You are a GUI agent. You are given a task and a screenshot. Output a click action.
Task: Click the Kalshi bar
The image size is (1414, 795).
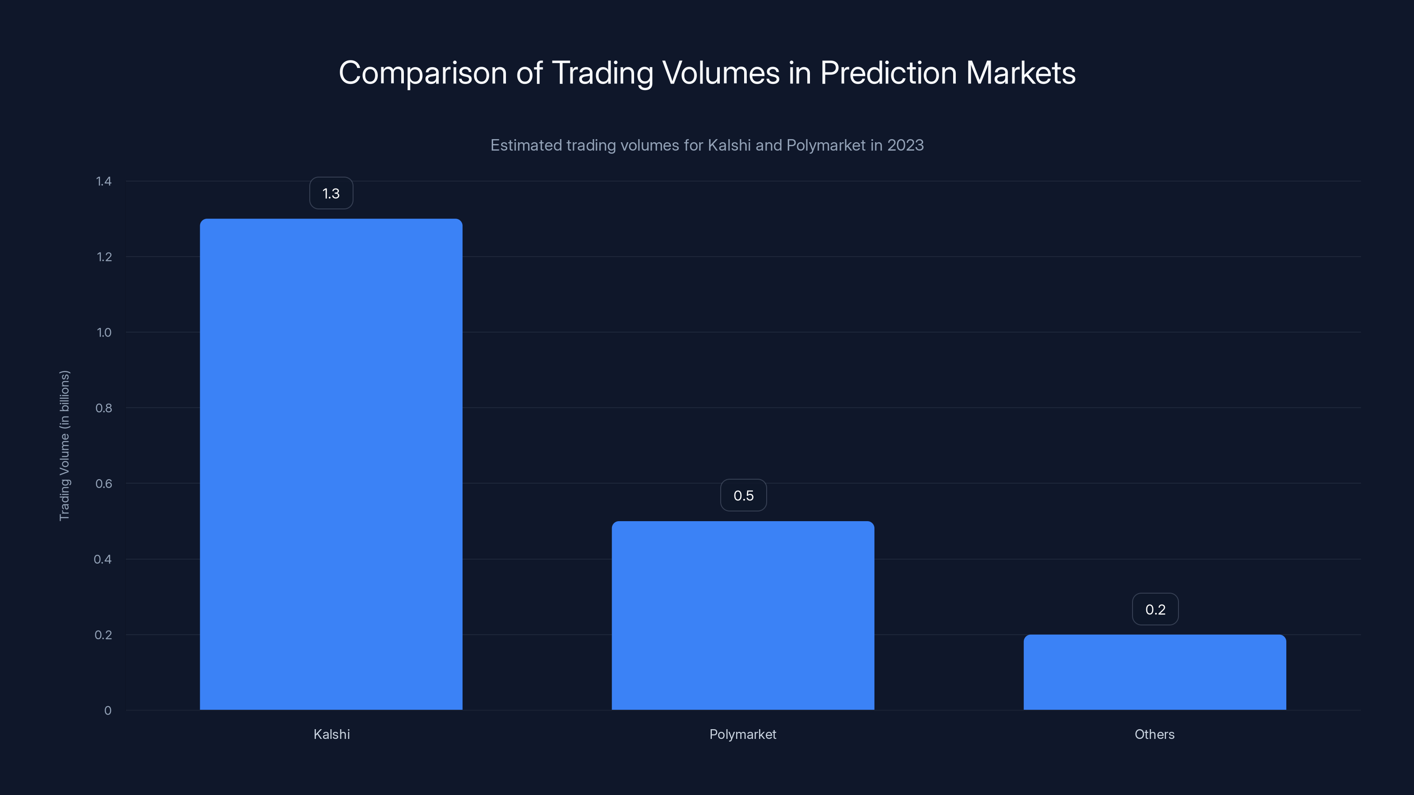click(331, 464)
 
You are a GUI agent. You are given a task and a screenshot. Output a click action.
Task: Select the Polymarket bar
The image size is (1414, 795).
click(743, 615)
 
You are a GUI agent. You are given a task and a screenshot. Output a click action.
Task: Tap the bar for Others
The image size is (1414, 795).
click(1154, 672)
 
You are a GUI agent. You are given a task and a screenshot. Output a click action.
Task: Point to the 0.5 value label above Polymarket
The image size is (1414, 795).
click(743, 496)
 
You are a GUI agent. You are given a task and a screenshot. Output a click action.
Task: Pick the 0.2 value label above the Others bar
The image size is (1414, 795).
click(1155, 609)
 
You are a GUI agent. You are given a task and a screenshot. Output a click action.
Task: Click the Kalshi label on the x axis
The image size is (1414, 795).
click(331, 734)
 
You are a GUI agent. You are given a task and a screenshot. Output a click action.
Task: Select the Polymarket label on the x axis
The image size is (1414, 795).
click(743, 734)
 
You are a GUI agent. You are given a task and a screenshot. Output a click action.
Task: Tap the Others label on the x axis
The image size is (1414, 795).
click(1154, 734)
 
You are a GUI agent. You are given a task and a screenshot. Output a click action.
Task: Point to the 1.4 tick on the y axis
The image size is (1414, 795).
click(104, 182)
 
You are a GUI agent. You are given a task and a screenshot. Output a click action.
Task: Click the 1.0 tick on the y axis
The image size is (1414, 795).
click(104, 333)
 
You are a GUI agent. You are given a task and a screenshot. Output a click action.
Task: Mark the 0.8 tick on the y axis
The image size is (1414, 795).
click(104, 408)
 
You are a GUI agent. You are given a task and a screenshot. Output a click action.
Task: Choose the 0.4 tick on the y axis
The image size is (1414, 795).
click(103, 559)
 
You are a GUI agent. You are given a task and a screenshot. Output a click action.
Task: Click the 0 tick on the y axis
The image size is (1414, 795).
click(107, 711)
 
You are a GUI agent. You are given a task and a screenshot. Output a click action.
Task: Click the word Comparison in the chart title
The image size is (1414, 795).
click(423, 73)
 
